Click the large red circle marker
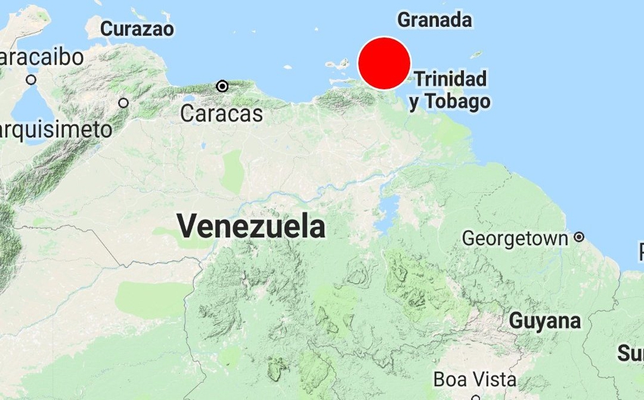384,63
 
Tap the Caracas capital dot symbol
223,86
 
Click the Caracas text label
221,113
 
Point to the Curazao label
137,29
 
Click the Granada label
434,20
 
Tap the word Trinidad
450,79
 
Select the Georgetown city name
516,238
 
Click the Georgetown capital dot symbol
579,237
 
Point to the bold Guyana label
545,321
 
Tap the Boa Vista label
475,379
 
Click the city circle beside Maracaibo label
32,80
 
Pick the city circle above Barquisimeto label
124,103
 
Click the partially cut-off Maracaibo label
42,57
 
